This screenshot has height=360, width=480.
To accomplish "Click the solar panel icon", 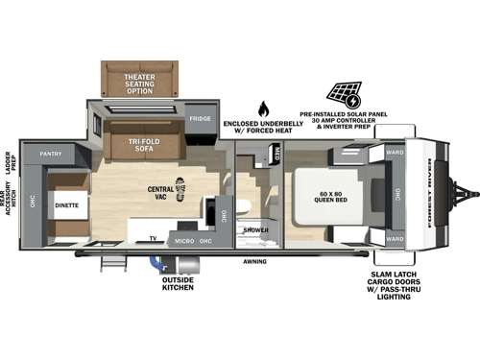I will tap(342, 95).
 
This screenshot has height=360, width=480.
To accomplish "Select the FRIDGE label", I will tap(200, 118).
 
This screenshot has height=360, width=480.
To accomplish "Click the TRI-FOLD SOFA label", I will tap(145, 145).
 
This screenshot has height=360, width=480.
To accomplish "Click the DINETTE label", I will tap(66, 204).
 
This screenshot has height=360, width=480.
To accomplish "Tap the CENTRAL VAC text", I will tap(160, 193).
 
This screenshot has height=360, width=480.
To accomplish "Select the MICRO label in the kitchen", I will tap(184, 237).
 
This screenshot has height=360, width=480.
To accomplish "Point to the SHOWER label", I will tap(254, 230).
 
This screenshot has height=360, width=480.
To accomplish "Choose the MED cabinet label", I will tap(276, 153).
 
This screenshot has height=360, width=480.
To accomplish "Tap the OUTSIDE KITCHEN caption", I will tap(179, 285).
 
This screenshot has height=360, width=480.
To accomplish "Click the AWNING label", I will tap(254, 259).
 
